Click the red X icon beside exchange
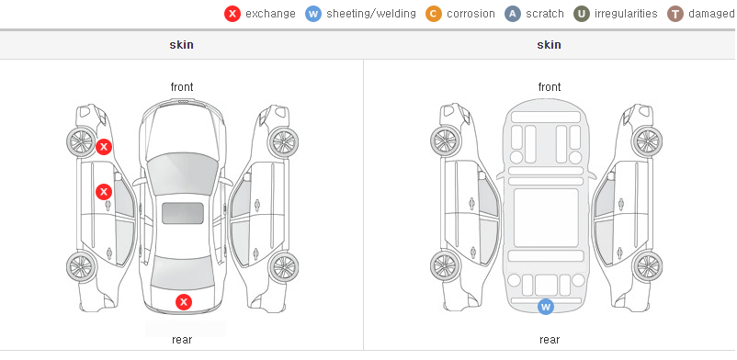pos(232,14)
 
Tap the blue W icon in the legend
pos(313,14)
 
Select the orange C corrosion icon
pos(434,14)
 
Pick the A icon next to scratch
pos(513,14)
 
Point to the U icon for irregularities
pos(582,14)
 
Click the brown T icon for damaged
pos(675,14)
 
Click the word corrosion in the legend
pos(471,14)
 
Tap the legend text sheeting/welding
pos(371,14)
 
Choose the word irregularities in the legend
pos(626,14)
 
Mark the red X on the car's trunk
pos(184,302)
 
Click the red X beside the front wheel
pos(104,147)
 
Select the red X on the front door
pos(104,192)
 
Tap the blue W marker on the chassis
pos(546,307)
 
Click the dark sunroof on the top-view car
pos(183,213)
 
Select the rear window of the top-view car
pos(183,273)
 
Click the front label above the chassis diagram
pos(550,87)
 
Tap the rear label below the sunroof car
pos(182,340)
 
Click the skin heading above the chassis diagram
pos(549,45)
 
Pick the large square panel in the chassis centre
pos(546,218)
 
